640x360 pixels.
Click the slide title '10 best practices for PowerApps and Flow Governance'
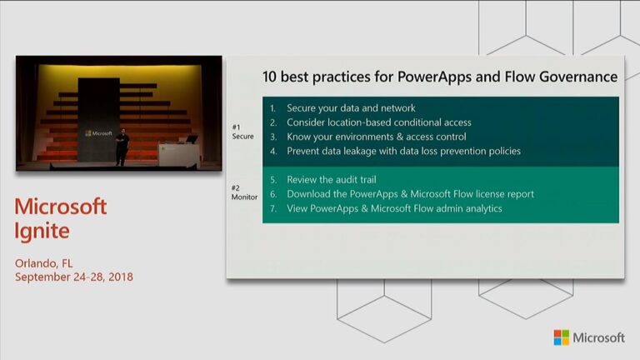click(440, 77)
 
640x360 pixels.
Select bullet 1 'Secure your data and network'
click(351, 108)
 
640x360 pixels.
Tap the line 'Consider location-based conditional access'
click(378, 122)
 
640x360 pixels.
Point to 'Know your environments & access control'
click(376, 137)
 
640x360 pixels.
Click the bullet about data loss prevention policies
click(403, 151)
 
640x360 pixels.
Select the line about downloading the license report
click(410, 194)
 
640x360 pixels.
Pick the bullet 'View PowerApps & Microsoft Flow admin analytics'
click(394, 208)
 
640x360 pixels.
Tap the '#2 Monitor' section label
click(243, 192)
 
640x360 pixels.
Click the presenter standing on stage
click(122, 147)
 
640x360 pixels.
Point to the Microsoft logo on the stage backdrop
click(98, 132)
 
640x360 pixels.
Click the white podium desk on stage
click(177, 153)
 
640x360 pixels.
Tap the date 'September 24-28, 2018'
click(73, 277)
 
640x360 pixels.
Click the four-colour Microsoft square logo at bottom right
click(562, 337)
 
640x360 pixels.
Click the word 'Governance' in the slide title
click(577, 77)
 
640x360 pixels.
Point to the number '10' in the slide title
click(270, 77)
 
